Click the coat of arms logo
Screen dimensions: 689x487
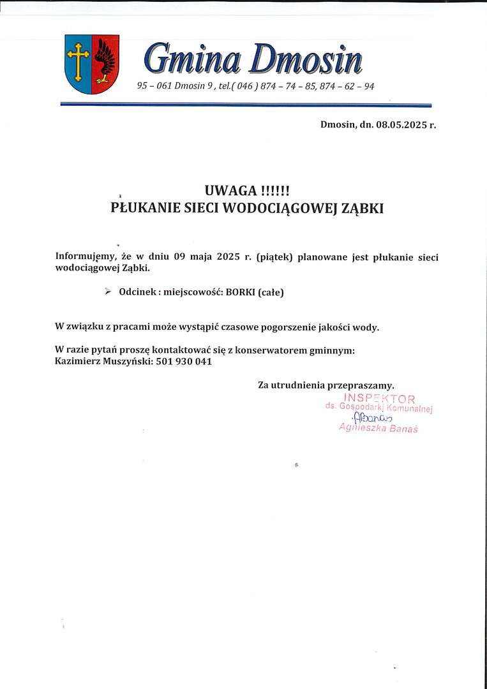click(x=92, y=64)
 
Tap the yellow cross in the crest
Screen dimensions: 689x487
click(x=79, y=61)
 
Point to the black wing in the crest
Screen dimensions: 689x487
click(x=105, y=61)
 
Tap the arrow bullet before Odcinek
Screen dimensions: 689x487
click(x=107, y=292)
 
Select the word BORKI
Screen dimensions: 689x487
click(x=240, y=292)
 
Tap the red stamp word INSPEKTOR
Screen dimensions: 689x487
click(x=379, y=399)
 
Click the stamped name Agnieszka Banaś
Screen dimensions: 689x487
click(x=378, y=429)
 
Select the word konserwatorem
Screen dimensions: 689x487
click(x=262, y=350)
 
